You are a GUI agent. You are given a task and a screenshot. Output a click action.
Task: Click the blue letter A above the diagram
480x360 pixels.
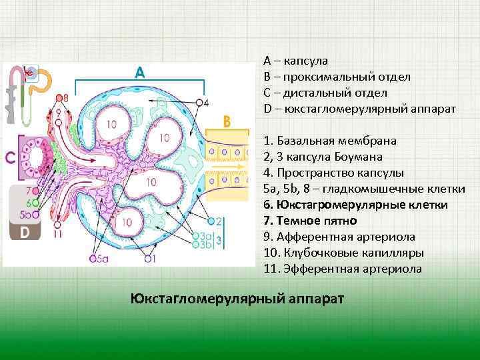[139, 71]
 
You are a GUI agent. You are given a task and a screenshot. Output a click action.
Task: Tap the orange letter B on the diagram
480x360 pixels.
[227, 122]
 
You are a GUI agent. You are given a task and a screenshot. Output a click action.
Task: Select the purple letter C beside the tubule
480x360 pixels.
[10, 158]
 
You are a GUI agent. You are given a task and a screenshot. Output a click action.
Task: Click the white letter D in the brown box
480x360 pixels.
[24, 232]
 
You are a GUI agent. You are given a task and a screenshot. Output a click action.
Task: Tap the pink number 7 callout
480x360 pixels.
[28, 191]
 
